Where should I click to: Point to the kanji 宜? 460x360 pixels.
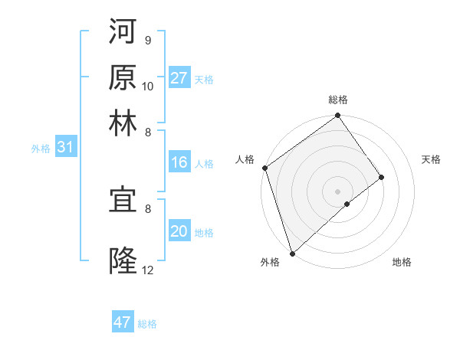tap(123, 201)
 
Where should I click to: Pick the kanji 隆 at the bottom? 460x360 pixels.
tap(123, 260)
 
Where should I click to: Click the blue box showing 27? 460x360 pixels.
tap(179, 78)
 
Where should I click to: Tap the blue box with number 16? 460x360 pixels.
tap(179, 162)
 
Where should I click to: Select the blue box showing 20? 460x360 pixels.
tap(179, 231)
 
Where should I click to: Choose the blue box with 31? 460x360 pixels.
tap(65, 148)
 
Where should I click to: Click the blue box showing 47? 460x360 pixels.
tap(123, 322)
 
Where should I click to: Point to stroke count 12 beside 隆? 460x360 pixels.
tap(148, 270)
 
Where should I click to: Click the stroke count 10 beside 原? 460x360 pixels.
tap(148, 86)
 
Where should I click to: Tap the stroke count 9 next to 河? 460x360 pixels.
tap(148, 40)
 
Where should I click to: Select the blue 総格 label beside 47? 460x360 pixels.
tap(147, 324)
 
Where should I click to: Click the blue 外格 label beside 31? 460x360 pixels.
tap(41, 149)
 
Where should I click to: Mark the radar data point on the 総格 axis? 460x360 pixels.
tap(338, 116)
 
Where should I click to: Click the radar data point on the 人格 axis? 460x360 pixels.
tap(265, 169)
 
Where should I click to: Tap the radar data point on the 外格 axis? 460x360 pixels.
tap(292, 253)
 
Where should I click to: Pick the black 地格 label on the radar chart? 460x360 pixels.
tap(402, 263)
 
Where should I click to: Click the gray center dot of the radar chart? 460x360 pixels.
tap(338, 191)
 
